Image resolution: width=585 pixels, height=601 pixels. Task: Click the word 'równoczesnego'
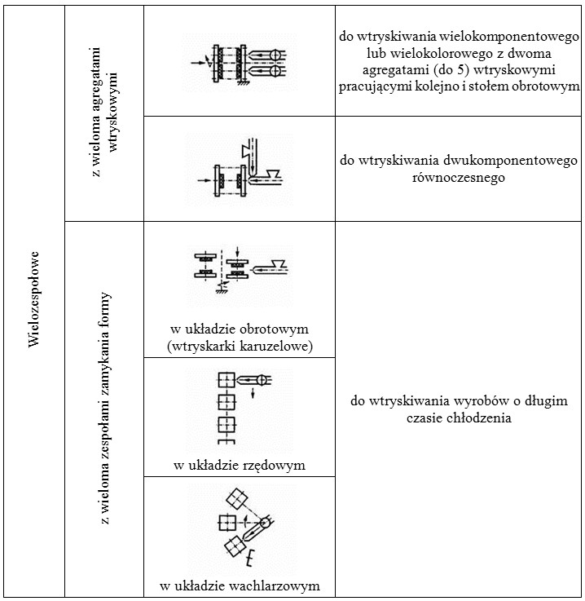point(459,176)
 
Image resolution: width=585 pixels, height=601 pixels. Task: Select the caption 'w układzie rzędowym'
point(240,466)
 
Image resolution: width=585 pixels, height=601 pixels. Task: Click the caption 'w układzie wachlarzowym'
point(240,586)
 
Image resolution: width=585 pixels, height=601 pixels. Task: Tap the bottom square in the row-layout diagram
point(226,425)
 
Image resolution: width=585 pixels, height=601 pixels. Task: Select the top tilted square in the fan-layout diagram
point(236,497)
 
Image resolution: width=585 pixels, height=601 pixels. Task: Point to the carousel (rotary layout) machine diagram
point(240,265)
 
